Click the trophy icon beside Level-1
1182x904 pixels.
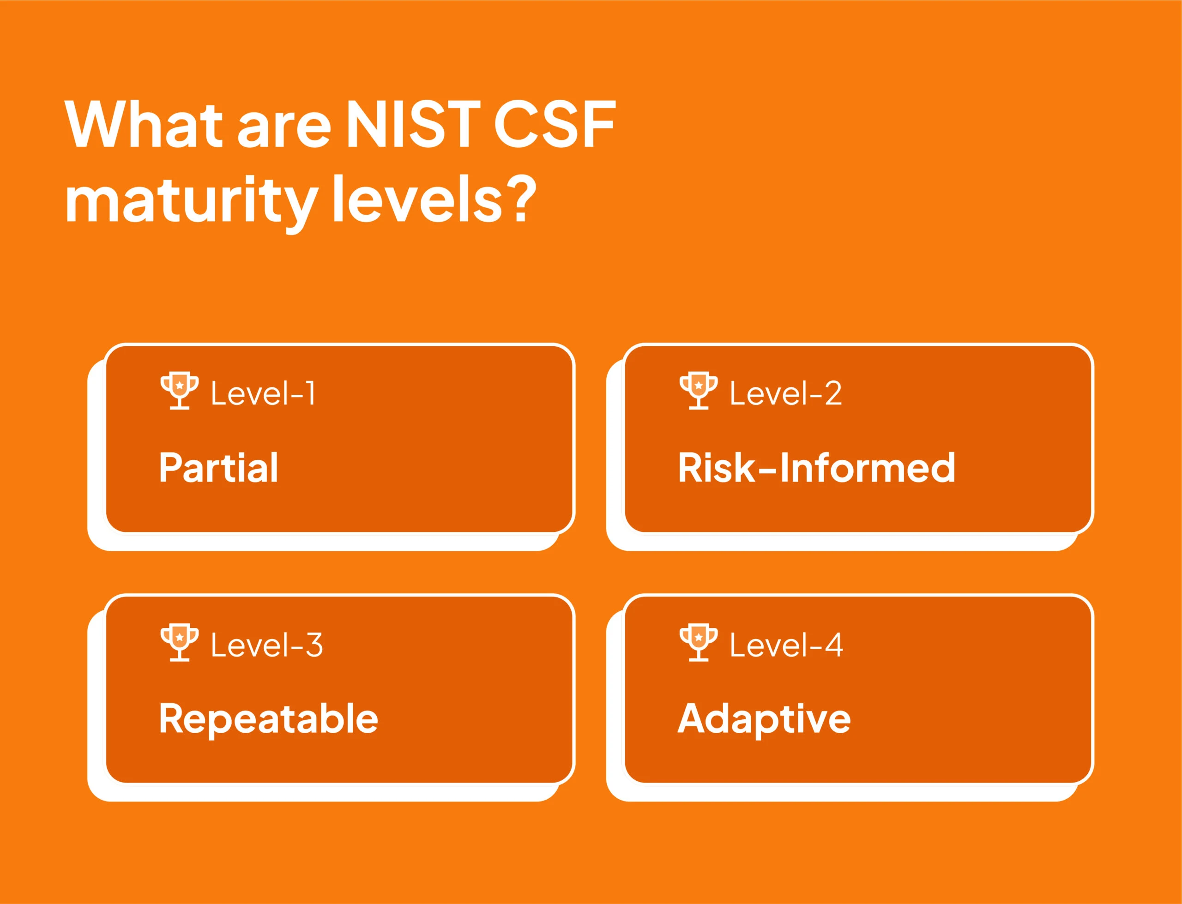tap(180, 390)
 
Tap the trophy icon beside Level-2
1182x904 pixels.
tap(698, 390)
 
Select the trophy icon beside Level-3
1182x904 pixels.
tap(180, 642)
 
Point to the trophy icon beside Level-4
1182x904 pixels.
tap(698, 642)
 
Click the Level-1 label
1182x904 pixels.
tap(263, 393)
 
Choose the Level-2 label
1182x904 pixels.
tap(786, 393)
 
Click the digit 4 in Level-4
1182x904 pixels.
tap(834, 645)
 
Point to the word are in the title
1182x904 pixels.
tap(284, 129)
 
